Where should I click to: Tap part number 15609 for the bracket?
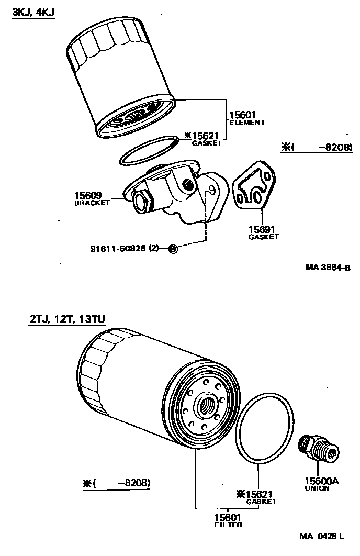[x=92, y=196]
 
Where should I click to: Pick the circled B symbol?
[x=173, y=249]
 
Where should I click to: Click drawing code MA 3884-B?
[x=328, y=268]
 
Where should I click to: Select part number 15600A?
[x=320, y=481]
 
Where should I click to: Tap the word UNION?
[x=317, y=488]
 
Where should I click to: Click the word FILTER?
[x=228, y=525]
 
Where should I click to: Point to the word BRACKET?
[x=92, y=203]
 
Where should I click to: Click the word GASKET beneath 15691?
[x=263, y=237]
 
